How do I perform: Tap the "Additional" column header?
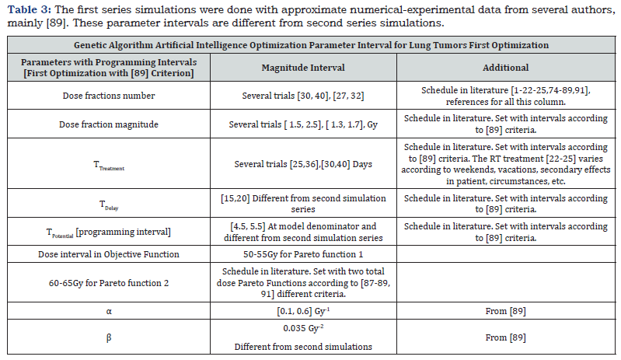tap(506, 68)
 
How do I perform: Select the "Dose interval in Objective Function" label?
tap(108, 254)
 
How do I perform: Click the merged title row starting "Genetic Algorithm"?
tap(310, 46)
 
